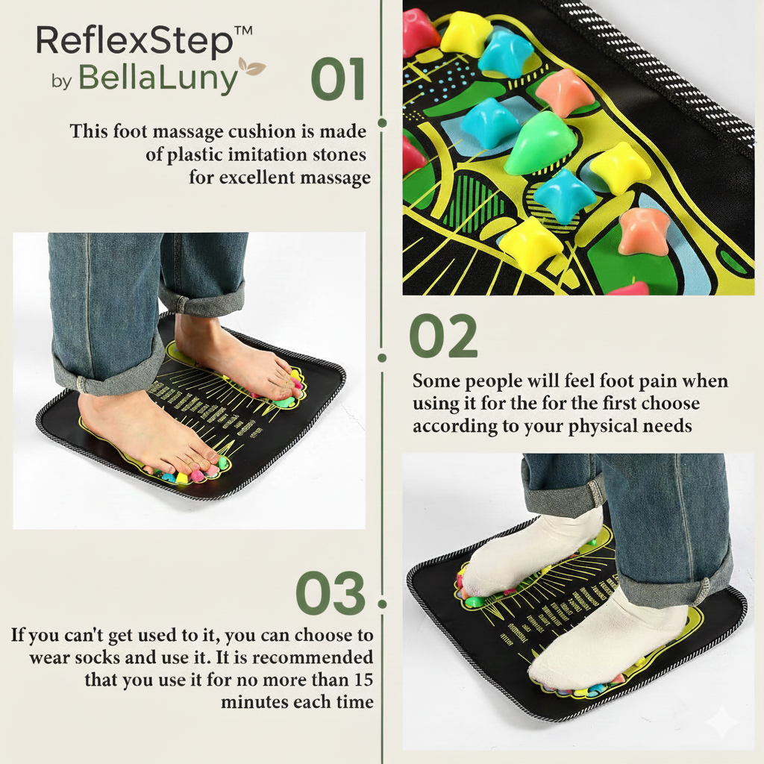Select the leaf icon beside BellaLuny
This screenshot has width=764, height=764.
252,68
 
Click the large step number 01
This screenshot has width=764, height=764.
338,80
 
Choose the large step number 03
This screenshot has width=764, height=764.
331,594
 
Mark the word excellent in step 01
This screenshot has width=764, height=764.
258,178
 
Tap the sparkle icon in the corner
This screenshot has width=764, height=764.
722,722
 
